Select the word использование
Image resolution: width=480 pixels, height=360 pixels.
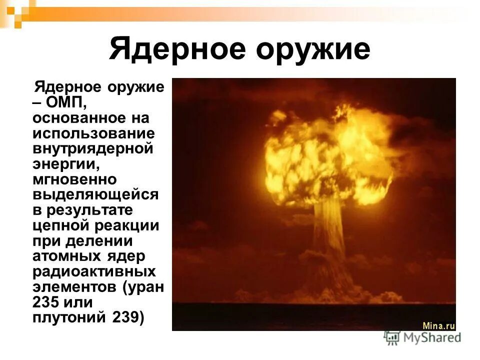[x=93, y=134]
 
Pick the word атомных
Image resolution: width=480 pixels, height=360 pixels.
[x=66, y=256]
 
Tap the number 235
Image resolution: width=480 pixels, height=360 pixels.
[x=45, y=303]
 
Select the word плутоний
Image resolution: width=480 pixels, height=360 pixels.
[x=66, y=318]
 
